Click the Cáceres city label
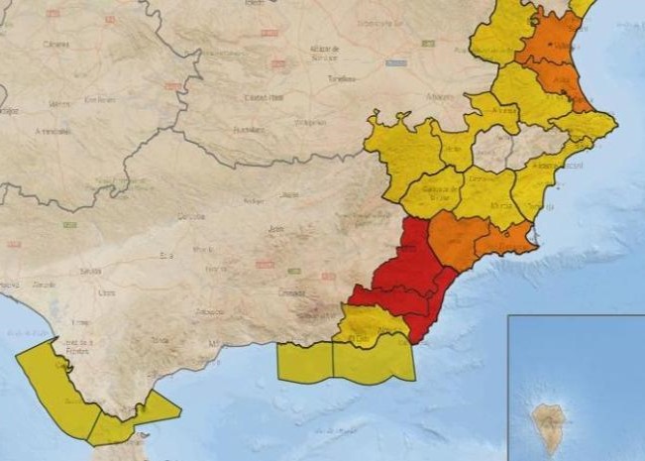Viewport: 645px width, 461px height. coord(56,45)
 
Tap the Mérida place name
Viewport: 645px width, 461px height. coord(60,103)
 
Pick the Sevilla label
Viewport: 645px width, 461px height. coord(92,270)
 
